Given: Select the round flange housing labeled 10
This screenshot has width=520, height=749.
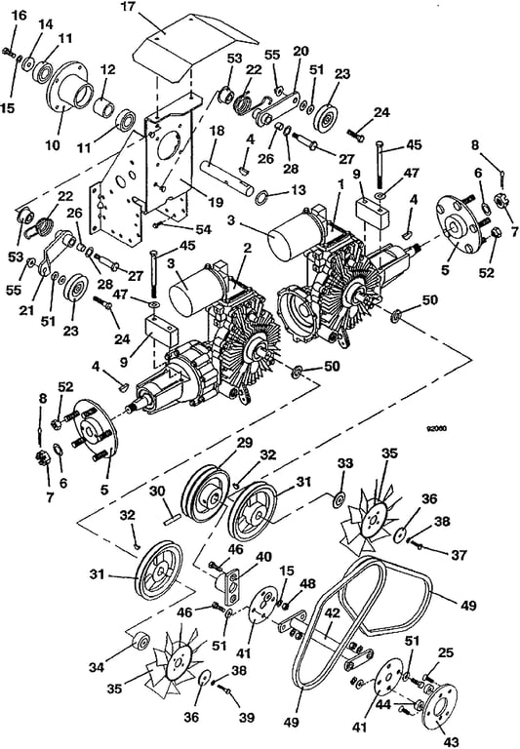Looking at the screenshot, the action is pyautogui.click(x=68, y=88).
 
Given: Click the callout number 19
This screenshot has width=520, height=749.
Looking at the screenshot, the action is pyautogui.click(x=215, y=202).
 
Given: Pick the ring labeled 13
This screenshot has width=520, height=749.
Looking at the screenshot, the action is pyautogui.click(x=262, y=196).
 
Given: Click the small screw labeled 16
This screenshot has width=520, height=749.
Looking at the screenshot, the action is pyautogui.click(x=9, y=52).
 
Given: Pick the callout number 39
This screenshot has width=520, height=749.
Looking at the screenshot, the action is pyautogui.click(x=247, y=718).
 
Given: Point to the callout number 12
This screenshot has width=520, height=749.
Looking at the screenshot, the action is pyautogui.click(x=108, y=69).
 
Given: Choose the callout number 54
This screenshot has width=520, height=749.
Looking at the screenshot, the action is pyautogui.click(x=203, y=230).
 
